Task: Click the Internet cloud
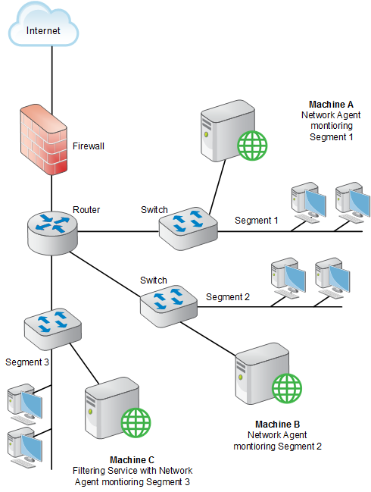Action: click(x=43, y=25)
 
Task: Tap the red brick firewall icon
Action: click(x=44, y=139)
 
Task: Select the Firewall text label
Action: click(x=89, y=146)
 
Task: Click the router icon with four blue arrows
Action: click(x=52, y=233)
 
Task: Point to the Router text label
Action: click(x=86, y=209)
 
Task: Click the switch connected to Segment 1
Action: click(x=188, y=227)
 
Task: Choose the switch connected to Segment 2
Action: click(x=169, y=306)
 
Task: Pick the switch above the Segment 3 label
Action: click(x=53, y=329)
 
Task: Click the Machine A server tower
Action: click(x=228, y=131)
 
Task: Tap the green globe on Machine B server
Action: click(x=287, y=388)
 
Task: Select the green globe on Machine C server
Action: click(x=136, y=422)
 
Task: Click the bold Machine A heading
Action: click(x=331, y=104)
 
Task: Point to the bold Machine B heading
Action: click(x=278, y=425)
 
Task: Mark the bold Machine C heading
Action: click(x=132, y=460)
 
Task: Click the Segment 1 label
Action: click(x=257, y=221)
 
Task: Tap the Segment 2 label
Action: click(x=228, y=297)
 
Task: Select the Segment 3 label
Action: click(x=27, y=362)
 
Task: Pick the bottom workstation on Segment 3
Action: click(x=25, y=447)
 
